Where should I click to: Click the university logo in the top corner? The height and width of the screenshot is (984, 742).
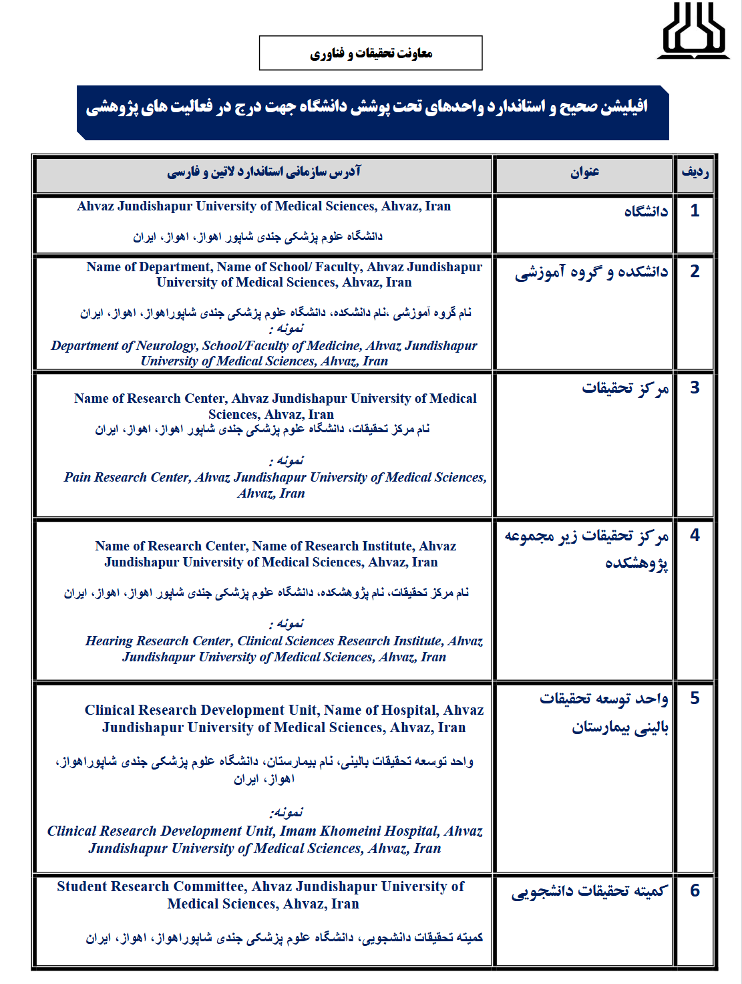(693, 31)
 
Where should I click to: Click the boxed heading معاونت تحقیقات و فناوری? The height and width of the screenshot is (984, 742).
(371, 53)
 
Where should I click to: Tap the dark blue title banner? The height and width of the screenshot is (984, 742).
(373, 112)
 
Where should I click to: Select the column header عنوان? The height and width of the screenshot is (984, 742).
(584, 173)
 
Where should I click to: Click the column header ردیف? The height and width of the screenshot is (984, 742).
(695, 173)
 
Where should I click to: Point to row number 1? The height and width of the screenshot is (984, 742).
(695, 211)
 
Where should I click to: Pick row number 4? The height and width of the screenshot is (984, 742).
(695, 535)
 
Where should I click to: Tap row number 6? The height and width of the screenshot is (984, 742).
(695, 890)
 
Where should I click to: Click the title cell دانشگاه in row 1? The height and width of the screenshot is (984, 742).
(646, 212)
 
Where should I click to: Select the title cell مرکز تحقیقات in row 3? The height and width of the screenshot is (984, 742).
(625, 388)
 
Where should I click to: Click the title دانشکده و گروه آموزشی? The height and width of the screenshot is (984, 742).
(591, 272)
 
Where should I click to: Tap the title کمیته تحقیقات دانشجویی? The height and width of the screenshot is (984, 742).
(589, 892)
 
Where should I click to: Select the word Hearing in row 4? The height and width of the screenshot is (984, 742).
(109, 641)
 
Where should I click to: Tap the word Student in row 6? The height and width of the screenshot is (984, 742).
(83, 886)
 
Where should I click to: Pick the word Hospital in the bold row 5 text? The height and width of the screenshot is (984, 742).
(407, 710)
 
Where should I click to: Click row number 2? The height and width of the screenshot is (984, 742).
(695, 271)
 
